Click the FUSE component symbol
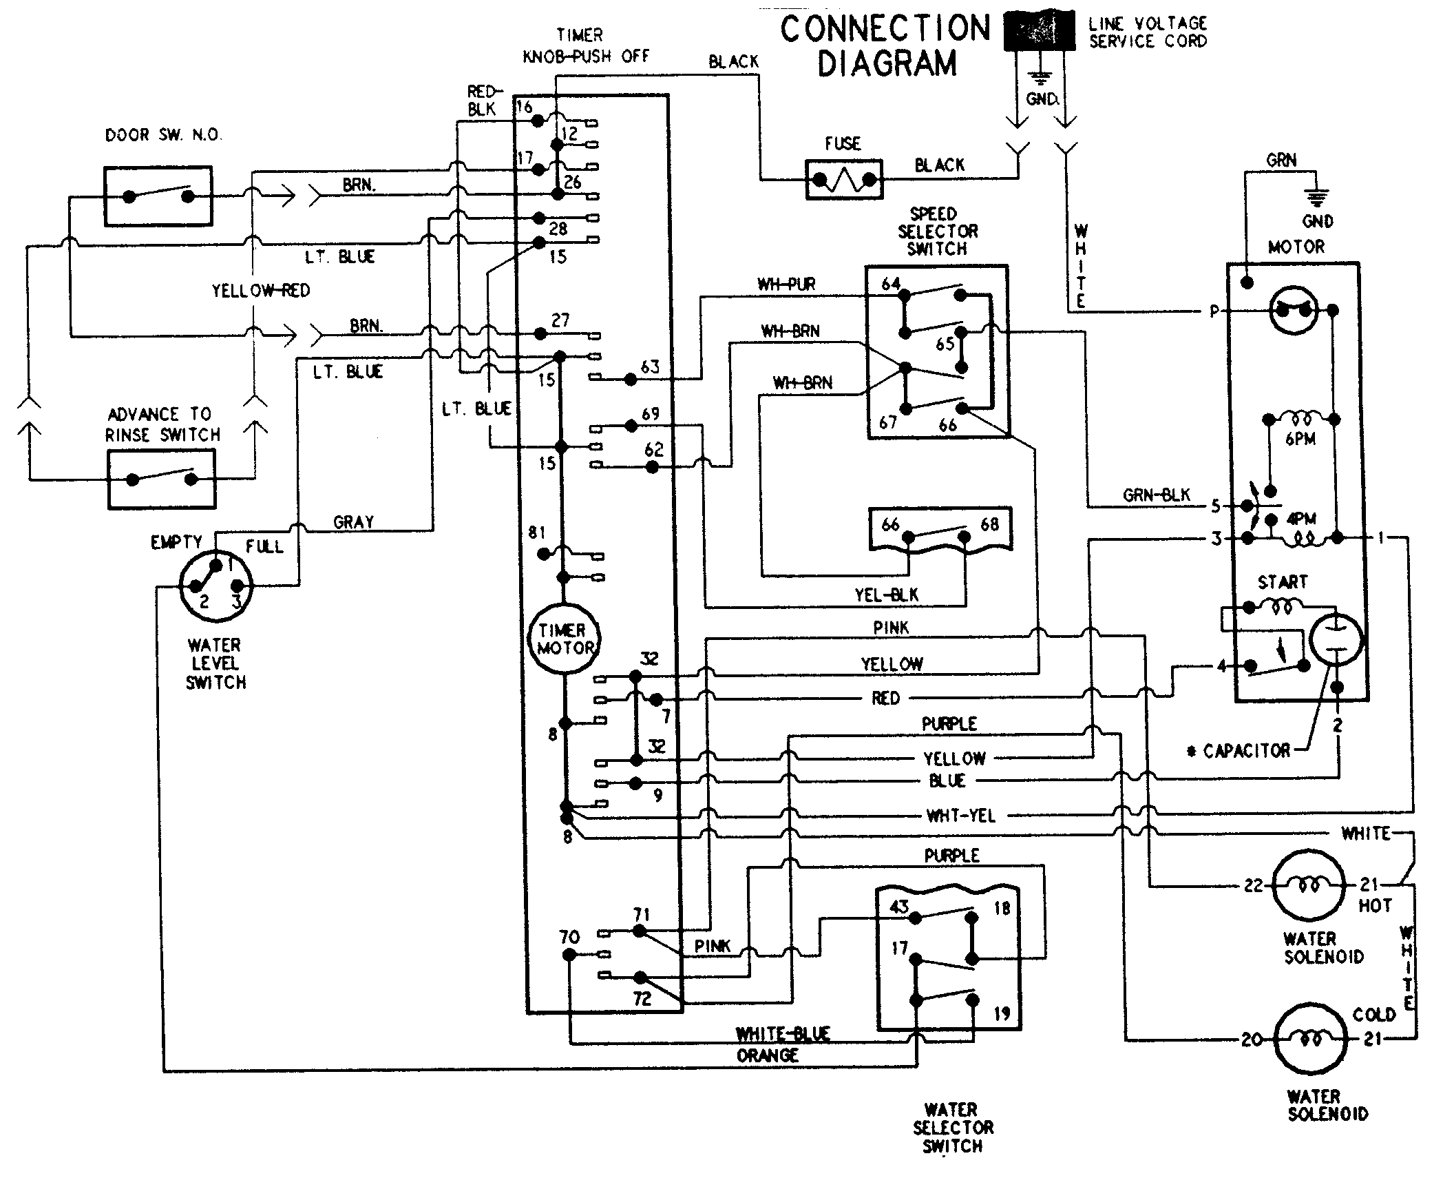click(x=843, y=180)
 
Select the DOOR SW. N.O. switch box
click(x=158, y=196)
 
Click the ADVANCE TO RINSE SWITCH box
click(x=162, y=479)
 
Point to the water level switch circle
click(x=215, y=586)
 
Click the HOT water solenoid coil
click(x=1308, y=885)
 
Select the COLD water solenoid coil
click(x=1310, y=1039)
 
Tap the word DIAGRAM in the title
click(x=887, y=63)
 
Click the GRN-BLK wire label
click(x=1157, y=495)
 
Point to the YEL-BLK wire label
click(x=887, y=595)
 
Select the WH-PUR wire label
click(x=786, y=284)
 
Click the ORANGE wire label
click(x=768, y=1055)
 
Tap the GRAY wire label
click(x=353, y=522)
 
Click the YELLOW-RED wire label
click(x=261, y=291)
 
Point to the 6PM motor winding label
click(x=1300, y=439)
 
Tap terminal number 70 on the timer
click(x=570, y=936)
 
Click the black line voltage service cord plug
click(x=1040, y=31)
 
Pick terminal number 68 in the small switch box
click(x=989, y=524)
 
